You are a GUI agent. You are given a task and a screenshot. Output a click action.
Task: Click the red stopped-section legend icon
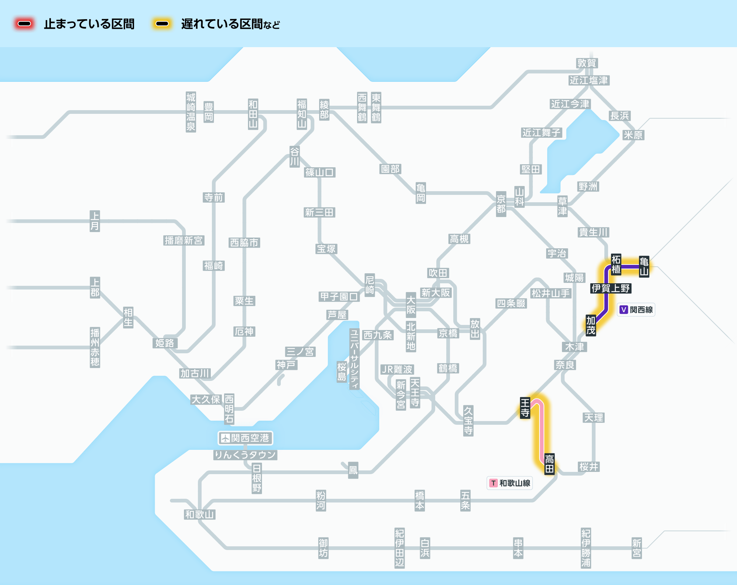24,24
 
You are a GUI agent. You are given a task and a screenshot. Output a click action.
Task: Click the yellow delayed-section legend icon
162,24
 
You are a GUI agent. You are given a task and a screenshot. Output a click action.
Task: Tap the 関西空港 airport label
245,438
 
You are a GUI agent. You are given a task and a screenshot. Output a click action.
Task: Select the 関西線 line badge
636,310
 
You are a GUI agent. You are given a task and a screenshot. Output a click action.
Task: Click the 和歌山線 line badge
510,483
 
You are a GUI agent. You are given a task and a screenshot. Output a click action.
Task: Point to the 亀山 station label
644,267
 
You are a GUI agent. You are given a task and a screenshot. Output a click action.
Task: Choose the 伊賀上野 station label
611,288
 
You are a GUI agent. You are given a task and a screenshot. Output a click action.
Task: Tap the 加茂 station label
591,326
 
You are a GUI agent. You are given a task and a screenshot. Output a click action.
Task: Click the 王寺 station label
525,408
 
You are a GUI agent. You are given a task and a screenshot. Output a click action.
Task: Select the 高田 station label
549,464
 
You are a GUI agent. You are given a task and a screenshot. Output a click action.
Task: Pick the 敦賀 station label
587,63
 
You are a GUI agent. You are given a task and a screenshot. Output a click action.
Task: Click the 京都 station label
501,204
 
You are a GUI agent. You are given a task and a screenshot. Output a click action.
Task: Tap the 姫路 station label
165,343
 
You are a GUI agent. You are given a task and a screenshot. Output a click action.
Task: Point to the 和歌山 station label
200,515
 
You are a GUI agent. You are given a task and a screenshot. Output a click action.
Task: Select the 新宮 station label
636,548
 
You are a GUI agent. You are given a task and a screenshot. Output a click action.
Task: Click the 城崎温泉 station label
191,112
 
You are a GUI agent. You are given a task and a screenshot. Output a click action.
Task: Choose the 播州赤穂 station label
95,347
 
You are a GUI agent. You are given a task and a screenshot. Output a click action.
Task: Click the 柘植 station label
616,264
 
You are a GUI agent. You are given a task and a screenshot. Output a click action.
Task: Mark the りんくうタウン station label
245,455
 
